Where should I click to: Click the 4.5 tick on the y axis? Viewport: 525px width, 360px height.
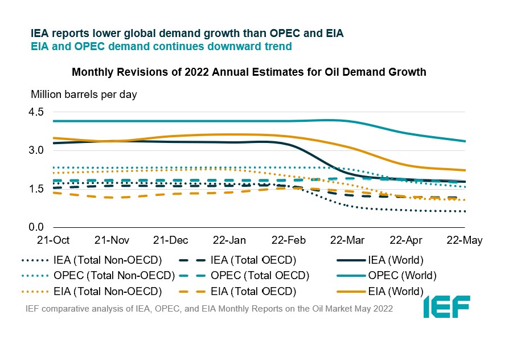36,112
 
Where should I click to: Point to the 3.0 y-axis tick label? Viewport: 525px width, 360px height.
36,151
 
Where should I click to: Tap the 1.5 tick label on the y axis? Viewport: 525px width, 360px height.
36,190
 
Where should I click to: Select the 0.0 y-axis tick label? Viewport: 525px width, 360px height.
36,228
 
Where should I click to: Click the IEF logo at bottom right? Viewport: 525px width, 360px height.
446,307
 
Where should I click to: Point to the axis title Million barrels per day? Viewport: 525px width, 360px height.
84,95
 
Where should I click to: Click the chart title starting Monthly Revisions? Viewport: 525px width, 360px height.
249,73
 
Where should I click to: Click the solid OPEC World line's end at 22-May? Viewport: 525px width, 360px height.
465,141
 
